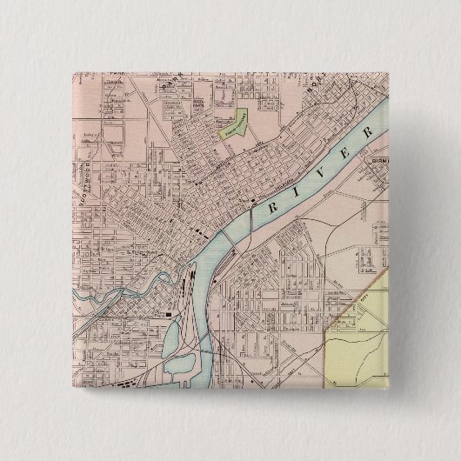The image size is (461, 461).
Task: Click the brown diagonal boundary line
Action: (357, 291)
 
